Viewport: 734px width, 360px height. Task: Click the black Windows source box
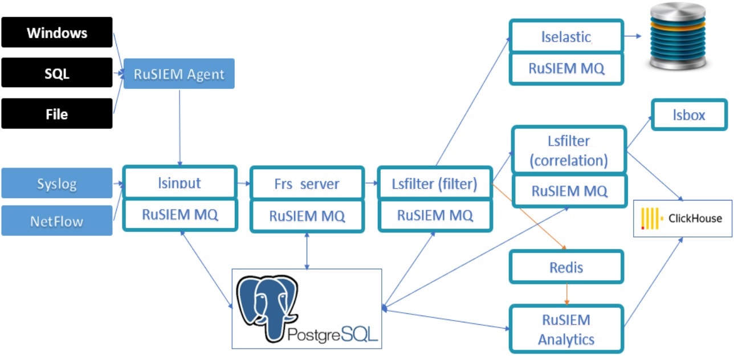(x=57, y=32)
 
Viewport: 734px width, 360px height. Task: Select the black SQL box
(x=57, y=73)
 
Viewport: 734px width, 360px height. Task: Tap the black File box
(x=57, y=114)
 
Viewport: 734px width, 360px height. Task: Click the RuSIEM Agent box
(x=179, y=73)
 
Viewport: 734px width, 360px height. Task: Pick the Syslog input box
(x=57, y=183)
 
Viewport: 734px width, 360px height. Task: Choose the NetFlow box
(x=57, y=220)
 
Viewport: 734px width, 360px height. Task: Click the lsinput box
(x=180, y=183)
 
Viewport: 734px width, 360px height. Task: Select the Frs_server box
(x=307, y=183)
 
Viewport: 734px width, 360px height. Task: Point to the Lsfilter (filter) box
(x=435, y=183)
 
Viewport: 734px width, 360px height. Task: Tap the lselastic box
(x=566, y=37)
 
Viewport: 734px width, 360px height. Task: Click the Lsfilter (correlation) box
(x=569, y=150)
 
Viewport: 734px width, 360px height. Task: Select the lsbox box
(x=689, y=115)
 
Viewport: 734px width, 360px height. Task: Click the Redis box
(x=566, y=267)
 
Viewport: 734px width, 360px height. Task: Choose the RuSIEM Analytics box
(x=566, y=329)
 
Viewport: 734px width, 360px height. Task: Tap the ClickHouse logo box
(x=682, y=218)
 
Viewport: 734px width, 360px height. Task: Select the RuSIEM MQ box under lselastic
(x=566, y=68)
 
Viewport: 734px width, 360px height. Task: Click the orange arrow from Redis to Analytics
(x=566, y=294)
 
